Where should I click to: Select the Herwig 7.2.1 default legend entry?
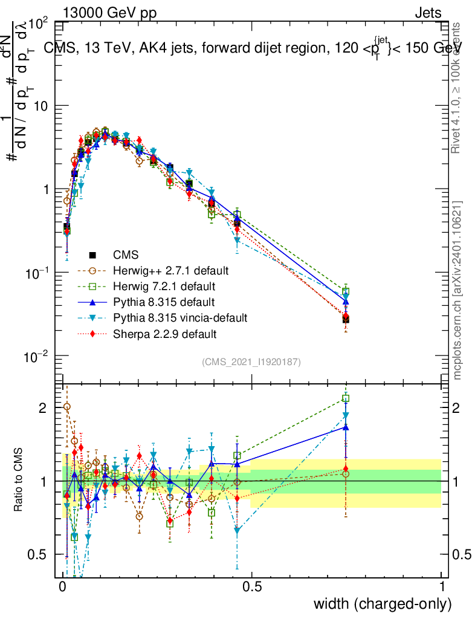click(x=164, y=285)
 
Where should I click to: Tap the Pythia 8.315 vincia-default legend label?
click(x=181, y=317)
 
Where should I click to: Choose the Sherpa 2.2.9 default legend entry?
click(x=165, y=333)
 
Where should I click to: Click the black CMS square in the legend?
click(x=92, y=254)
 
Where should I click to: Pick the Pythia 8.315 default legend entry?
click(x=164, y=301)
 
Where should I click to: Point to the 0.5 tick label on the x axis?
click(x=252, y=587)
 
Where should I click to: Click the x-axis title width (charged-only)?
click(x=383, y=604)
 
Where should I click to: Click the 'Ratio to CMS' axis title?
click(x=19, y=481)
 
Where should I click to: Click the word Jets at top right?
click(x=427, y=13)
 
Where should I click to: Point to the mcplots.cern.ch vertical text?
click(x=457, y=290)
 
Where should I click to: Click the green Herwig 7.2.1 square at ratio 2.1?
click(x=346, y=398)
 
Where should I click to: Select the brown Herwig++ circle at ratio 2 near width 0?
click(x=67, y=407)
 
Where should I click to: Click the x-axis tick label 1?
click(x=442, y=587)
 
